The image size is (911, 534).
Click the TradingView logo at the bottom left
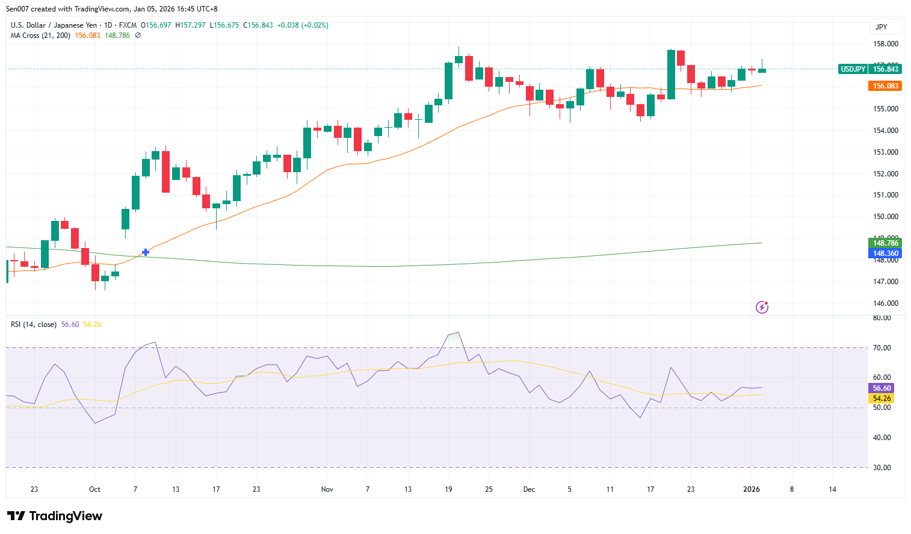coord(55,516)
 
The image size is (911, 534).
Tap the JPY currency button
coord(882,26)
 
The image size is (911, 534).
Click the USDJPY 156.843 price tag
coord(869,69)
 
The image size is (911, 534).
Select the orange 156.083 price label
coord(885,86)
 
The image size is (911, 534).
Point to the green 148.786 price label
coord(885,243)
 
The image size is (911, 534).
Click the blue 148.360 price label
coord(885,253)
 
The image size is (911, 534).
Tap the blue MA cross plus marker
coord(145,252)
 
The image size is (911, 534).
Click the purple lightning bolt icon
coord(762,308)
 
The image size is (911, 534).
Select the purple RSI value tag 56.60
coord(882,388)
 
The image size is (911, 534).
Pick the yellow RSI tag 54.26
coord(882,399)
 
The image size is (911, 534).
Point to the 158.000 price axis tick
coord(885,44)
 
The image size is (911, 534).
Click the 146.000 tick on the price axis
coord(885,303)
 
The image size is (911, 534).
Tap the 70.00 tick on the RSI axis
coord(882,348)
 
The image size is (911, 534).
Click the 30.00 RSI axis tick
coord(882,468)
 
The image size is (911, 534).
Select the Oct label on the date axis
coord(94,489)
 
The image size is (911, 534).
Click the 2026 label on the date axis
coord(752,489)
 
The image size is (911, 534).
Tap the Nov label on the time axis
coord(327,489)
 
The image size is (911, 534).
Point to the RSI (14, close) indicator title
coord(34,324)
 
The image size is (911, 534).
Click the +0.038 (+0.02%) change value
coord(303,25)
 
